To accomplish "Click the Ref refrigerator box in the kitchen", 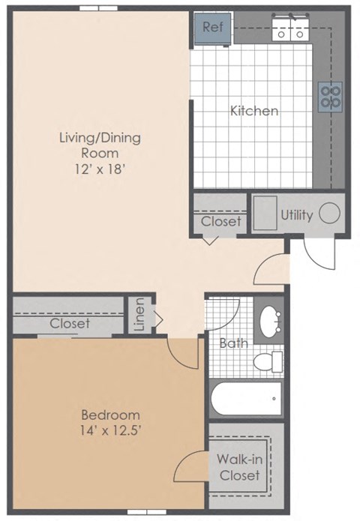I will tap(213, 28).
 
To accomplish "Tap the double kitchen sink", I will tap(290, 31).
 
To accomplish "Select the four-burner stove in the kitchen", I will tap(331, 94).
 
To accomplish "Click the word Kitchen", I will tap(254, 111).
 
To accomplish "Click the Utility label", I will tap(296, 215).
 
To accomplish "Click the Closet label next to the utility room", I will tap(221, 221).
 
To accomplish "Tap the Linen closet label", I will tap(140, 316).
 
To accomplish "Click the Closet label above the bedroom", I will tap(70, 324).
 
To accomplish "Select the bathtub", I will tap(247, 400).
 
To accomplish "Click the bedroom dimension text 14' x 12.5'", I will tap(110, 432).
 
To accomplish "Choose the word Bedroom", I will tap(110, 415).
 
